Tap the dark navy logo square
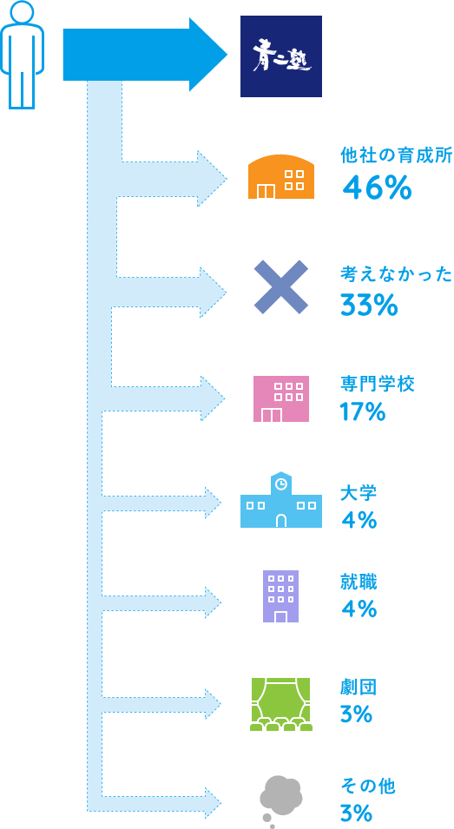coord(281,56)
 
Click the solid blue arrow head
coord(207,55)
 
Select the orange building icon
coord(281,176)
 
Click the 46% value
coord(377,188)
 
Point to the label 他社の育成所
coord(397,156)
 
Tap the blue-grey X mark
coord(280,287)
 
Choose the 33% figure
coord(369,305)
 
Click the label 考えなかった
coord(397,275)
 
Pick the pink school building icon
coord(281,398)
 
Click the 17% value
coord(363,411)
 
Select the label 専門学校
coord(378,384)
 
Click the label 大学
coord(359,494)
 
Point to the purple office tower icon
coord(280,595)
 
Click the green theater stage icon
coord(280,704)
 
